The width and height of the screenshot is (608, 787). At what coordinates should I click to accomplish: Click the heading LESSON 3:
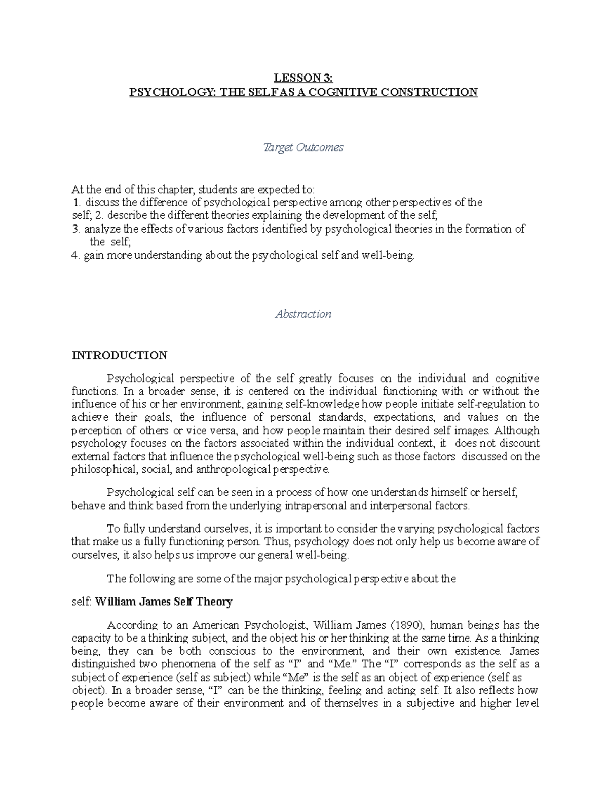[x=303, y=78]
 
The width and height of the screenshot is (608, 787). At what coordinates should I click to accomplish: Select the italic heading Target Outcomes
[x=303, y=147]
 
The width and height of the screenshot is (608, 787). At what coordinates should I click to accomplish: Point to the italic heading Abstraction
[x=303, y=314]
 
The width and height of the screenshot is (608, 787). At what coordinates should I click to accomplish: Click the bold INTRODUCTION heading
[x=120, y=355]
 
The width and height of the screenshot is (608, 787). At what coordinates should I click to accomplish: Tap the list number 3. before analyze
[x=77, y=229]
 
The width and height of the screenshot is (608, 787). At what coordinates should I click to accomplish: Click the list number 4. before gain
[x=77, y=256]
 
